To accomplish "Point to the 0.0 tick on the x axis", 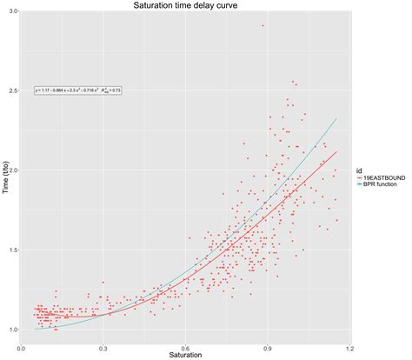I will point(21,346).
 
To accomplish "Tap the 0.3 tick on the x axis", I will point(103,346).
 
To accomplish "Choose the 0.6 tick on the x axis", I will point(185,346).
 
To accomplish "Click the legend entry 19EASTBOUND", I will point(382,177).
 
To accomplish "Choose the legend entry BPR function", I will point(382,184).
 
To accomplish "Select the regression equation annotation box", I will point(78,90).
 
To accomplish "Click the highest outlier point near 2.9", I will point(262,26).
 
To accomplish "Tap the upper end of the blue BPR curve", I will point(336,118).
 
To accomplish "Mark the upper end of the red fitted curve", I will point(336,151).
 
